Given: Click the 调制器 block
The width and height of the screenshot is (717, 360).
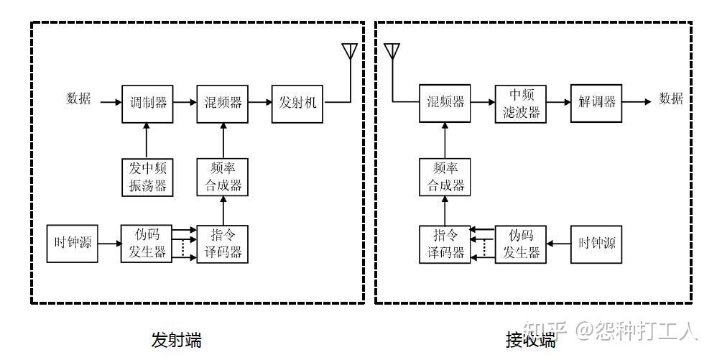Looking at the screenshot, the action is pos(147,104).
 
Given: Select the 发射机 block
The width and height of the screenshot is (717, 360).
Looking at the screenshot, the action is pos(297,104).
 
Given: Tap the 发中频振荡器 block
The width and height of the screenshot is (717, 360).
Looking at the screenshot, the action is pos(147,177).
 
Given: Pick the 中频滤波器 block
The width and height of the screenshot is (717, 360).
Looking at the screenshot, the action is pos(520,104).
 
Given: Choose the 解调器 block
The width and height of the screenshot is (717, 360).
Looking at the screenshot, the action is pos(596,103).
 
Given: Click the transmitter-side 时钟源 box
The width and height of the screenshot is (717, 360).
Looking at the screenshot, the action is pos(73,244).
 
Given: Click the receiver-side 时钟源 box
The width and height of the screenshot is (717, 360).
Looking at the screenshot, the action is pos(596,244).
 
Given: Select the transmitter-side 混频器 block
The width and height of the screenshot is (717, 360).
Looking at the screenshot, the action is pos(222,104).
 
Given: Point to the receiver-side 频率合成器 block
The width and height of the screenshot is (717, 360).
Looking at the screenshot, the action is pos(445,177).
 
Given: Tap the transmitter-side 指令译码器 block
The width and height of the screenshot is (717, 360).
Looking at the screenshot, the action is pos(222,244).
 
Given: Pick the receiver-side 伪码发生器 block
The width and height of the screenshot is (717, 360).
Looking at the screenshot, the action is pos(520,244).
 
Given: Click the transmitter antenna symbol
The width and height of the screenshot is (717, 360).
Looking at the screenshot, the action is pos(351,51).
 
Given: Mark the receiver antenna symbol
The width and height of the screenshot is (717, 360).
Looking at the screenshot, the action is pos(392,51).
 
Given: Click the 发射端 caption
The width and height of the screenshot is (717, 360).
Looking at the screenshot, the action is pos(177,340).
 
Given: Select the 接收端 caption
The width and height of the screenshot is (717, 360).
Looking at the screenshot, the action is pos(530,340).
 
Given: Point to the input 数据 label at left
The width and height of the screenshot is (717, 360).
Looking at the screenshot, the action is pos(78,98).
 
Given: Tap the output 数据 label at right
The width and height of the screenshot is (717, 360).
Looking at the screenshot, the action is pos(671,98).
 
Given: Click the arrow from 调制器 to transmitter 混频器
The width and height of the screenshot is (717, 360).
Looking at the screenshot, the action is pos(185,103).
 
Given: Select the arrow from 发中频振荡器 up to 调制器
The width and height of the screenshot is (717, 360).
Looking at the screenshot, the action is pos(147,140).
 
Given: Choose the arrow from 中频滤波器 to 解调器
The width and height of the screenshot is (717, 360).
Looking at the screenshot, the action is pos(558,102).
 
